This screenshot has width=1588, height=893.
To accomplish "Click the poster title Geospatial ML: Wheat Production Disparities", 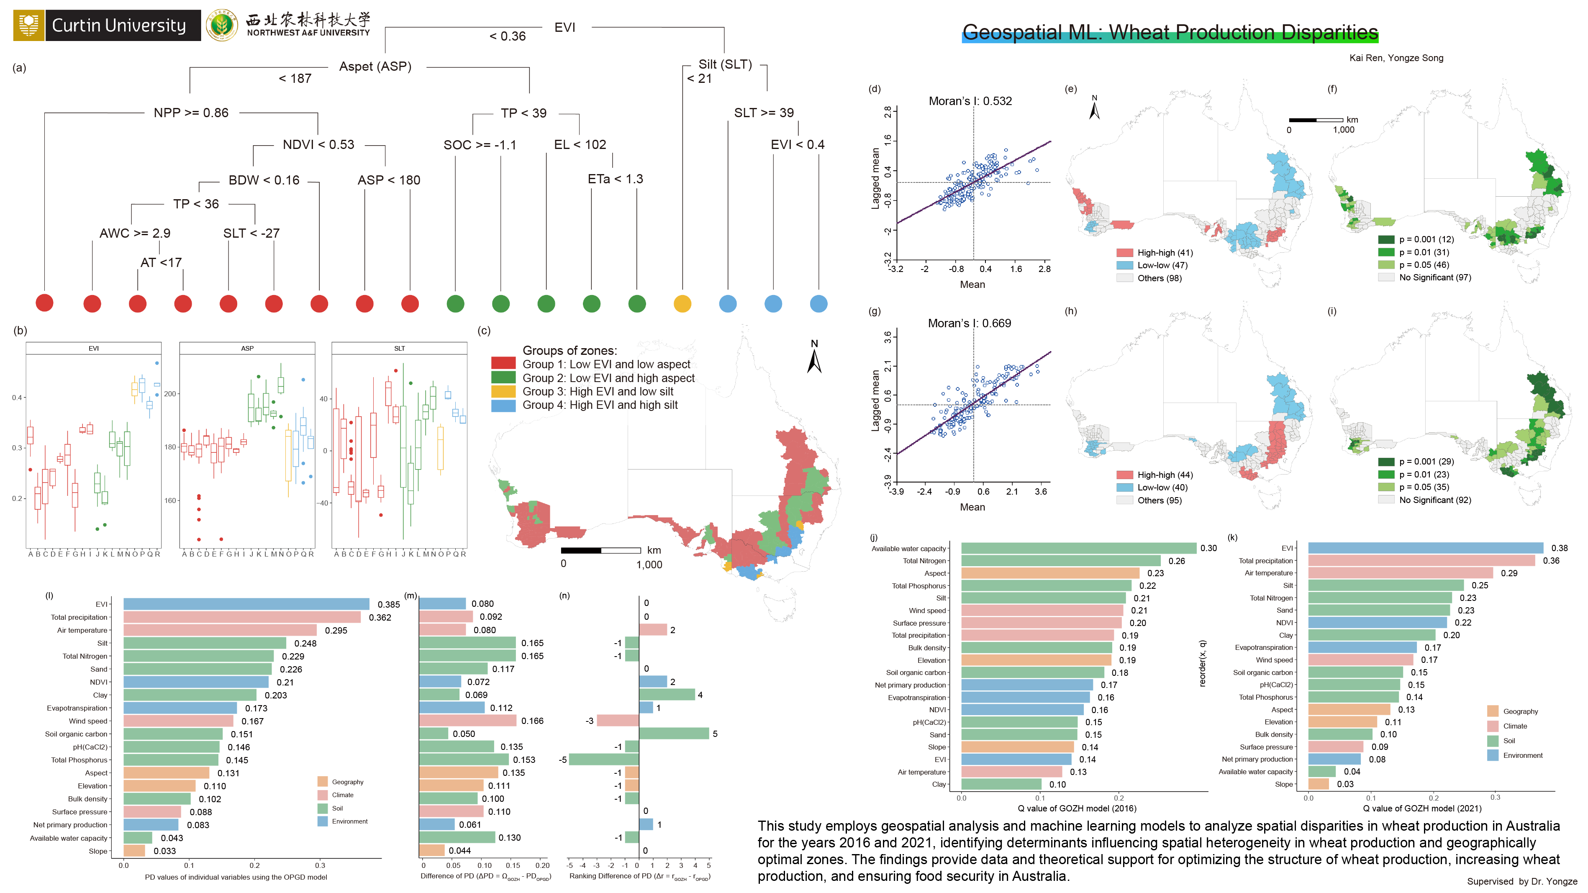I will tap(1170, 32).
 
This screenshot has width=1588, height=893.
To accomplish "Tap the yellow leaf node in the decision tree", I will tap(682, 304).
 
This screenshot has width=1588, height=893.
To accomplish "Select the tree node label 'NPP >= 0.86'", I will tap(191, 113).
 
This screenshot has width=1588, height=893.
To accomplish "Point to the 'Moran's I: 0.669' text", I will tap(969, 323).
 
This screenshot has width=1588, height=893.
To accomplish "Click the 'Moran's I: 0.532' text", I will tap(970, 101).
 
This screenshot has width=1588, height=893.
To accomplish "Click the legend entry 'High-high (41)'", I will tap(1165, 253).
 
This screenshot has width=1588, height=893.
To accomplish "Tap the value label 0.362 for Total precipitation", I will tap(380, 618).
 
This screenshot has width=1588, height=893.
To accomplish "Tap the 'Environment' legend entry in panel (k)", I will tap(1522, 756).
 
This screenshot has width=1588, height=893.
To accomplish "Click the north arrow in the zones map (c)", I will tap(814, 358).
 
